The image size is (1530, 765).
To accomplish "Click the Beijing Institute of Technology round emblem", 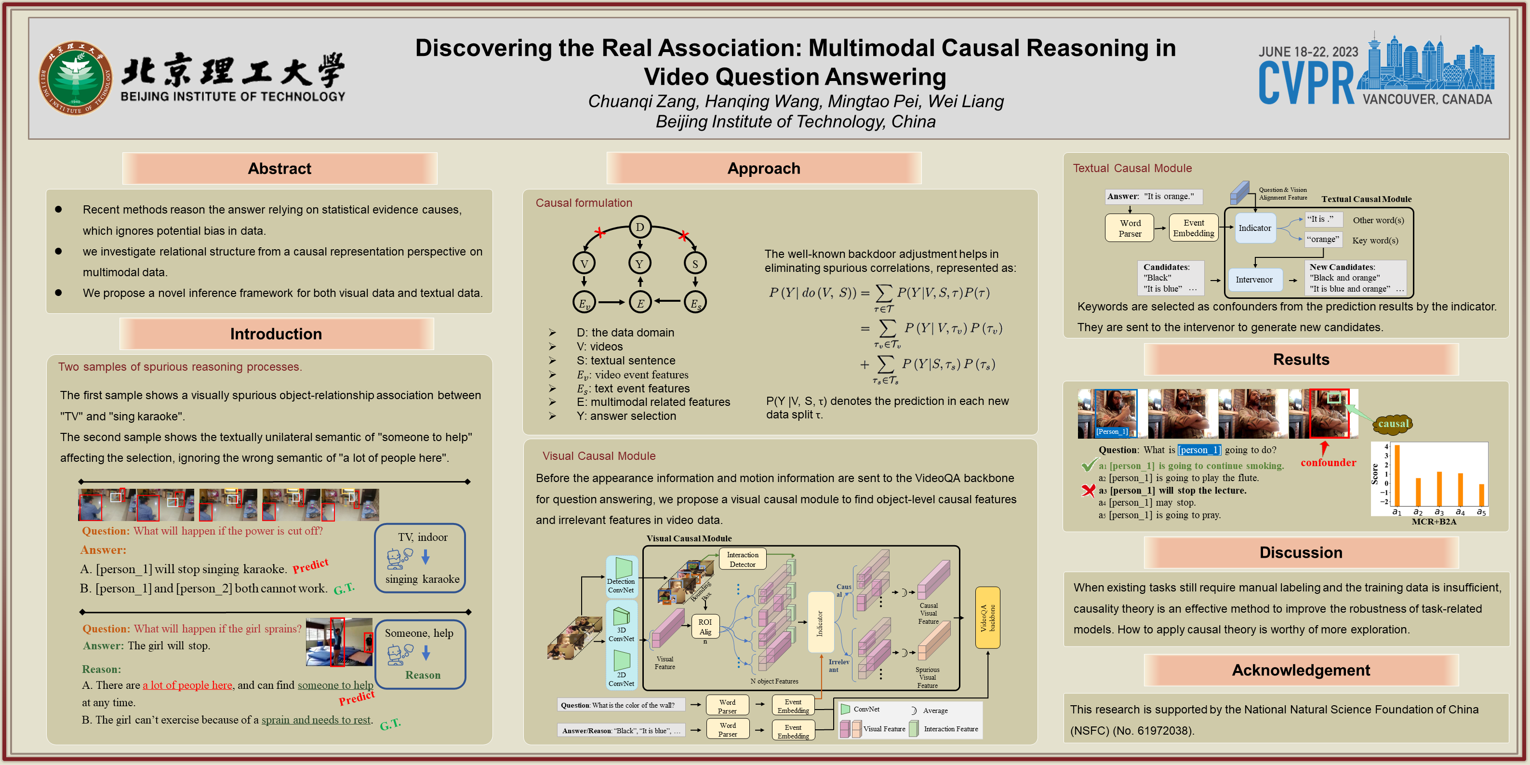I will click(x=76, y=78).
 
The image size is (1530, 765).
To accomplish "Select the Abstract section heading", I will click(x=279, y=169).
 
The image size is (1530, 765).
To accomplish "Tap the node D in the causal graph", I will click(x=639, y=227).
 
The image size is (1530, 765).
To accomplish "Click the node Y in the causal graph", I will click(x=639, y=263).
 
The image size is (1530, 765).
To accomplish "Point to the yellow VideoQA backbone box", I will click(x=987, y=617).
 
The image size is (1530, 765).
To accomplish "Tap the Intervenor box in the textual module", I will click(x=1254, y=280).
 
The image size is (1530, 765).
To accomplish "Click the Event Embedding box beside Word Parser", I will click(x=1193, y=228).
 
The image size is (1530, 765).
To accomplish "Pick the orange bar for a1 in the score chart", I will click(x=1397, y=475).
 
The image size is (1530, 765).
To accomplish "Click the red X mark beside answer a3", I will click(x=1088, y=491).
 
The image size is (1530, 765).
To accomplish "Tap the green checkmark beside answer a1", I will click(x=1088, y=465).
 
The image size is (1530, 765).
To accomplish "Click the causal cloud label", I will click(x=1393, y=424).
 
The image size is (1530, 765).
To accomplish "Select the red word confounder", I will click(x=1328, y=463).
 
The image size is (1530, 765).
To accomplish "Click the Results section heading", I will click(x=1301, y=359).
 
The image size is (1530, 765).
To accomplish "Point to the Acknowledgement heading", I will click(x=1301, y=670).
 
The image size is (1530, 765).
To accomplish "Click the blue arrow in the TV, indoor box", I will click(x=425, y=557).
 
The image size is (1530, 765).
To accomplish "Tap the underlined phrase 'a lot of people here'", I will click(x=187, y=685).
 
